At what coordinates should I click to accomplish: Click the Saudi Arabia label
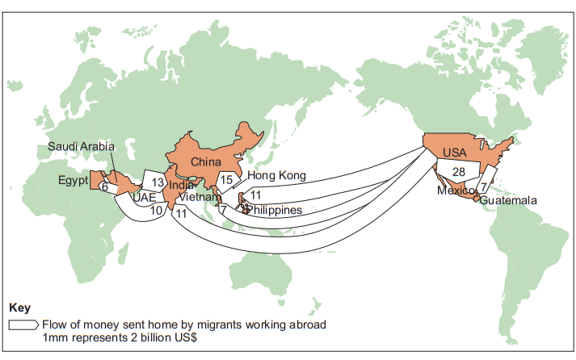(81, 146)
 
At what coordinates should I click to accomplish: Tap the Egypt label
(73, 180)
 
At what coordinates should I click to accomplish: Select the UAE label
(145, 198)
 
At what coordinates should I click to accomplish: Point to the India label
(181, 186)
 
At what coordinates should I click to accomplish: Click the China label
(206, 161)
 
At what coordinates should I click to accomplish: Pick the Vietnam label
(200, 197)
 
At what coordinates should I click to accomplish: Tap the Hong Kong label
(276, 175)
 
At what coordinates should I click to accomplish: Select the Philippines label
(275, 210)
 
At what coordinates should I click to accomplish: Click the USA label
(454, 153)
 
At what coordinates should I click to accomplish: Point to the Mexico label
(456, 190)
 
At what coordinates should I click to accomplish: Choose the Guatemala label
(508, 200)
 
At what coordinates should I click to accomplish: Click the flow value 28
(458, 172)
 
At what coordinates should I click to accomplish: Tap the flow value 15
(226, 179)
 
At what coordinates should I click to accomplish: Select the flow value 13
(158, 182)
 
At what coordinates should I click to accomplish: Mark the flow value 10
(156, 211)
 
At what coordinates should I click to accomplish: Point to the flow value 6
(105, 187)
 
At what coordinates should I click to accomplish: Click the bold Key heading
(20, 308)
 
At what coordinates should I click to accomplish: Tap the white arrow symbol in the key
(23, 325)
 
